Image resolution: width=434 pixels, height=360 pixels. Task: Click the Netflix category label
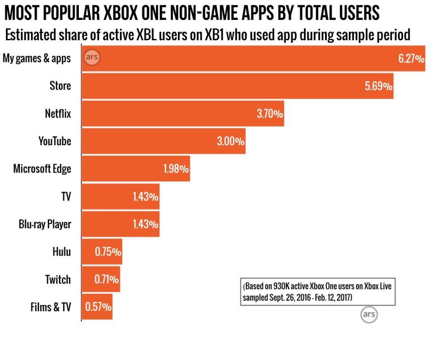point(58,113)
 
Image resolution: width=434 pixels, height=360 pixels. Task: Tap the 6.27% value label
point(411,58)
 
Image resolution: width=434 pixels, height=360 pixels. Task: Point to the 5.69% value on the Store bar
point(378,86)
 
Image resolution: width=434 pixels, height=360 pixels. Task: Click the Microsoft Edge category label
point(42,169)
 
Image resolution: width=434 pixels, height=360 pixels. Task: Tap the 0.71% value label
point(106,279)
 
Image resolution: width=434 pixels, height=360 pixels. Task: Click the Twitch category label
point(58,279)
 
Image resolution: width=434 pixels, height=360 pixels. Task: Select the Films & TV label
point(50,307)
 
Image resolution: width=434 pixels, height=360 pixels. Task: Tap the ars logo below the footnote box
point(369,314)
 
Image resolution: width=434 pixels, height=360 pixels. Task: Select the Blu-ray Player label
point(45,224)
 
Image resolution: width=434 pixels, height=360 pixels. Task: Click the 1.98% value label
point(176,169)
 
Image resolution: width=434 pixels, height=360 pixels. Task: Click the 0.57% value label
point(98,307)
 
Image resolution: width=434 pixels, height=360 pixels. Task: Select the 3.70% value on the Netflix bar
point(270,113)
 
